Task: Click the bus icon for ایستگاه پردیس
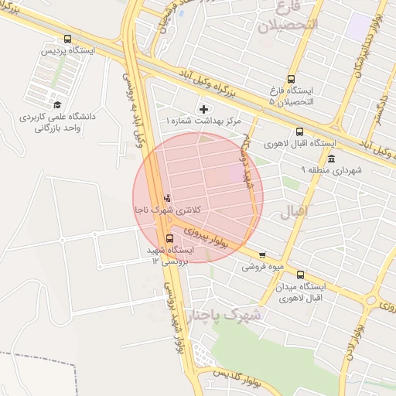[x=68, y=39]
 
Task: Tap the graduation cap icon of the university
[x=56, y=104]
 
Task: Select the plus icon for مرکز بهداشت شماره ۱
[x=204, y=109]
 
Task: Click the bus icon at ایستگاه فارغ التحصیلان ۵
[x=291, y=79]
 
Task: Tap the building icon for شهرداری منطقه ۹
[x=331, y=159]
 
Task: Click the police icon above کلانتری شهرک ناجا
[x=168, y=198]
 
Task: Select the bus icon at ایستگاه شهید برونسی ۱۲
[x=169, y=238]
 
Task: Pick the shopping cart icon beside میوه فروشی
[x=262, y=254]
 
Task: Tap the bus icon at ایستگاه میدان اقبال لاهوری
[x=300, y=274]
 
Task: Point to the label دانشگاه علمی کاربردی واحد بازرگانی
[x=56, y=122]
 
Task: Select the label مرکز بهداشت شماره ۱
[x=204, y=121]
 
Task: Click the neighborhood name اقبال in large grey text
[x=295, y=210]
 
